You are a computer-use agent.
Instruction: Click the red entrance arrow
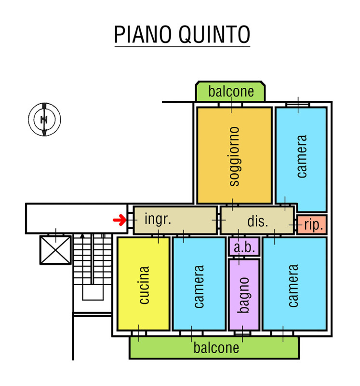pos(119,221)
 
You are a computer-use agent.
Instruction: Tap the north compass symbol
pos(44,119)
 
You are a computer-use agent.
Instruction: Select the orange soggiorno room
pos(234,155)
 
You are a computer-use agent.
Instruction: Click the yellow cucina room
pos(144,284)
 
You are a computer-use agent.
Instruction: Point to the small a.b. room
pos(244,247)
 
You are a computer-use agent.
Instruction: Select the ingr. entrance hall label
pos(158,220)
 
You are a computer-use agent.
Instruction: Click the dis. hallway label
pos(257,221)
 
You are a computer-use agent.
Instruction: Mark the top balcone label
pos(231,92)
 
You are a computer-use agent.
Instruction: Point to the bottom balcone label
pos(216,347)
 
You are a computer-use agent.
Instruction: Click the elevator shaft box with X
pos(55,250)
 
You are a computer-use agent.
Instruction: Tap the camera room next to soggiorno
pos(301,157)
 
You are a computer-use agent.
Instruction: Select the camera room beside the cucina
pos(199,285)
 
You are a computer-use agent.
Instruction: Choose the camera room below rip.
pos(294,285)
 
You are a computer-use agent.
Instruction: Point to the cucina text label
pos(144,285)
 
